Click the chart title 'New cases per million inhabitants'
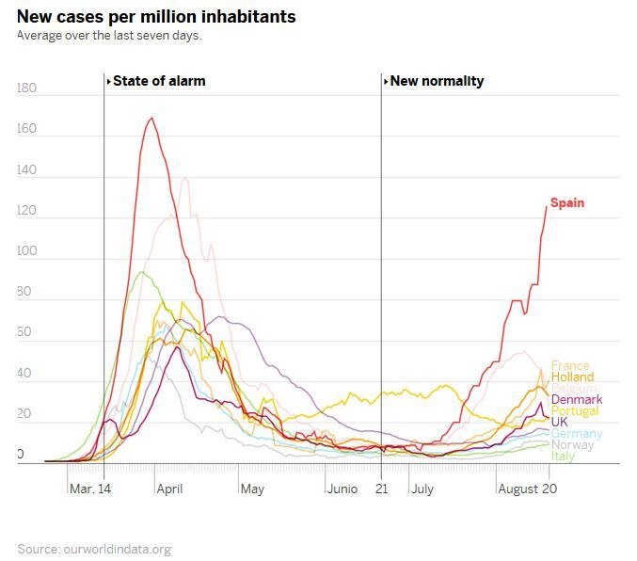tap(156, 17)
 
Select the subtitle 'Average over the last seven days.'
tap(109, 36)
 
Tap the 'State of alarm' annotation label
tap(158, 81)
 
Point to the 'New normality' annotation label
tap(437, 81)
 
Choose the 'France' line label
tap(570, 365)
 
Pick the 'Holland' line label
tap(572, 377)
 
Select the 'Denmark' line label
tap(577, 400)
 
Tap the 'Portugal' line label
tap(575, 411)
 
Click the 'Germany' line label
tap(577, 434)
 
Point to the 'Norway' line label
tap(572, 445)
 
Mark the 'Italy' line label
tap(563, 457)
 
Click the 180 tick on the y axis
tap(26, 88)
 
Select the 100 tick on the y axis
tap(26, 251)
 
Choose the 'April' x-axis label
tap(169, 489)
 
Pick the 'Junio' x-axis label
tap(342, 489)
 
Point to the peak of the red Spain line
tap(151, 118)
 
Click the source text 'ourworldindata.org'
tap(117, 549)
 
